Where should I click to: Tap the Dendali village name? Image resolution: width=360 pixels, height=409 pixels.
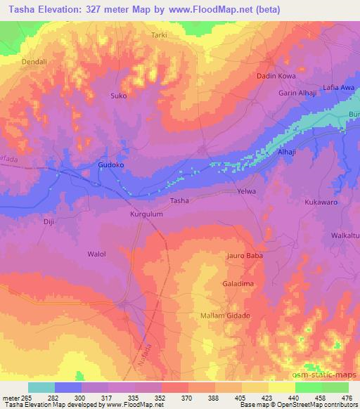click(x=34, y=61)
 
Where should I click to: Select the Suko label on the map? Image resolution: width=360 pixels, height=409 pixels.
click(x=119, y=96)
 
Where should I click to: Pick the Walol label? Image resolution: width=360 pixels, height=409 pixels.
click(x=96, y=254)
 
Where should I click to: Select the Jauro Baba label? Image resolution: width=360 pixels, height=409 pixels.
click(x=244, y=256)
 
